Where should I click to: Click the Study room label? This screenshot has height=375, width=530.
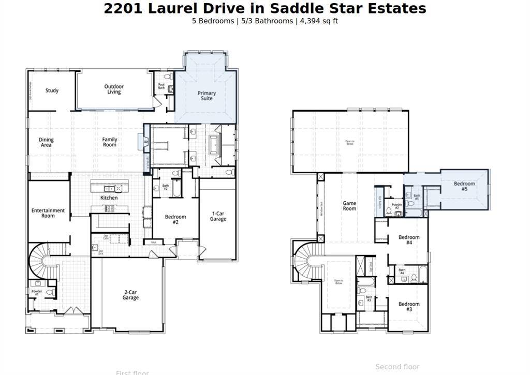(x=52, y=91)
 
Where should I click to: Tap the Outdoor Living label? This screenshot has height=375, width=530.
(x=114, y=89)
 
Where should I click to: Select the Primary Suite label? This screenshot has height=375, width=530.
(x=207, y=96)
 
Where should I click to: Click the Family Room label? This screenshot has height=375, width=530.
(x=109, y=142)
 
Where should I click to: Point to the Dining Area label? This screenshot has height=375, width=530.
(x=46, y=142)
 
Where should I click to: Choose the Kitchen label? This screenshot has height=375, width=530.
(x=109, y=198)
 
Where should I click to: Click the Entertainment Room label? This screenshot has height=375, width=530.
(x=48, y=213)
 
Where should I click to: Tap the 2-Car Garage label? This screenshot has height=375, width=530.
(x=130, y=295)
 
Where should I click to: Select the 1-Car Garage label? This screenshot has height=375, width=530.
(x=218, y=216)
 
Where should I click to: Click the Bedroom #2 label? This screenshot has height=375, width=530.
(x=175, y=219)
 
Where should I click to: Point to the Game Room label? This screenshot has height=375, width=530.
(x=349, y=206)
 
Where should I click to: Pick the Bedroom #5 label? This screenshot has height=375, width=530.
(x=464, y=186)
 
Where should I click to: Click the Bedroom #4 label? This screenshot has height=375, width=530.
(x=409, y=239)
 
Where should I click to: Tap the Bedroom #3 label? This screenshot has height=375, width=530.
(x=409, y=306)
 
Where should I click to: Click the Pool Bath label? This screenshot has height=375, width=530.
(x=161, y=86)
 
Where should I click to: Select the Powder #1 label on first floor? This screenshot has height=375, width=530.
(x=36, y=293)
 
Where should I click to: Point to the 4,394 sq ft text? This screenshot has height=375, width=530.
(x=319, y=21)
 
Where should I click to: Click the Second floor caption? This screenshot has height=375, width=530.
(x=397, y=367)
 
